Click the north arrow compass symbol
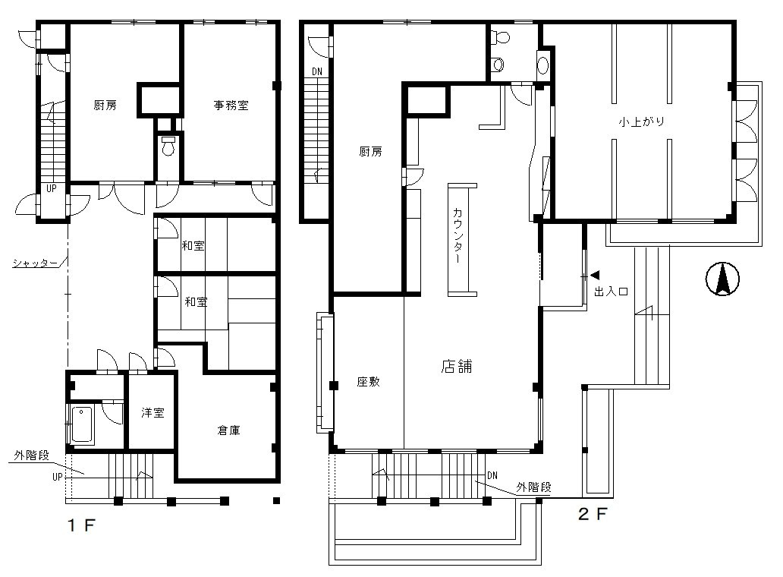722,279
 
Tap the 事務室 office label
231,106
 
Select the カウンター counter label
458,235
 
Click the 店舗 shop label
457,366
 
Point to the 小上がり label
642,121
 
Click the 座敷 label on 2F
369,382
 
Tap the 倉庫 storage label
228,430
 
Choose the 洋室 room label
153,413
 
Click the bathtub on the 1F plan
82,424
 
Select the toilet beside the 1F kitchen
168,145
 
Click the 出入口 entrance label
611,292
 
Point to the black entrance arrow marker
595,276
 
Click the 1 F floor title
81,525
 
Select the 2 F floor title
593,514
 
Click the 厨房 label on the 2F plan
370,151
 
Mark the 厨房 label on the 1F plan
105,106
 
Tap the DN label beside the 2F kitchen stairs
317,72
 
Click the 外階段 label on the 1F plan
31,456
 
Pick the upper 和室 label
193,246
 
